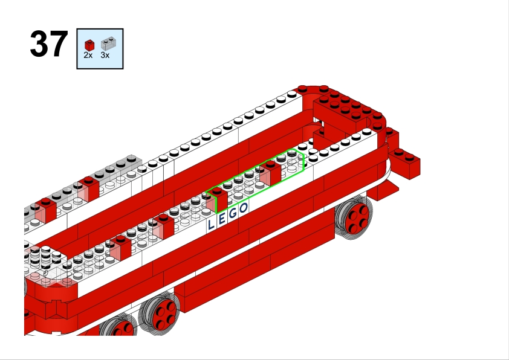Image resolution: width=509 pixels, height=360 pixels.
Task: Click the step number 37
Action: coord(49,44)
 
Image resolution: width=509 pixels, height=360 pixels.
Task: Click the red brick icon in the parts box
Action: coord(89,45)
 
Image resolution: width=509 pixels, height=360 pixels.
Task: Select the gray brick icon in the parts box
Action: coord(108,43)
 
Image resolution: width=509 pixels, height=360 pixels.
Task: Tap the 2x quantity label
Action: coord(88,56)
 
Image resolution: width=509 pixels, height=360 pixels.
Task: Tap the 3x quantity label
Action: coord(105,56)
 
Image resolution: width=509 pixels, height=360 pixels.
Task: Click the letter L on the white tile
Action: coord(211,225)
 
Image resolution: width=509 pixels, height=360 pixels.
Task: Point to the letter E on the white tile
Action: coord(222,219)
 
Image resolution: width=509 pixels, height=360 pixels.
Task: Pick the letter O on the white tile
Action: coord(244,208)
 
